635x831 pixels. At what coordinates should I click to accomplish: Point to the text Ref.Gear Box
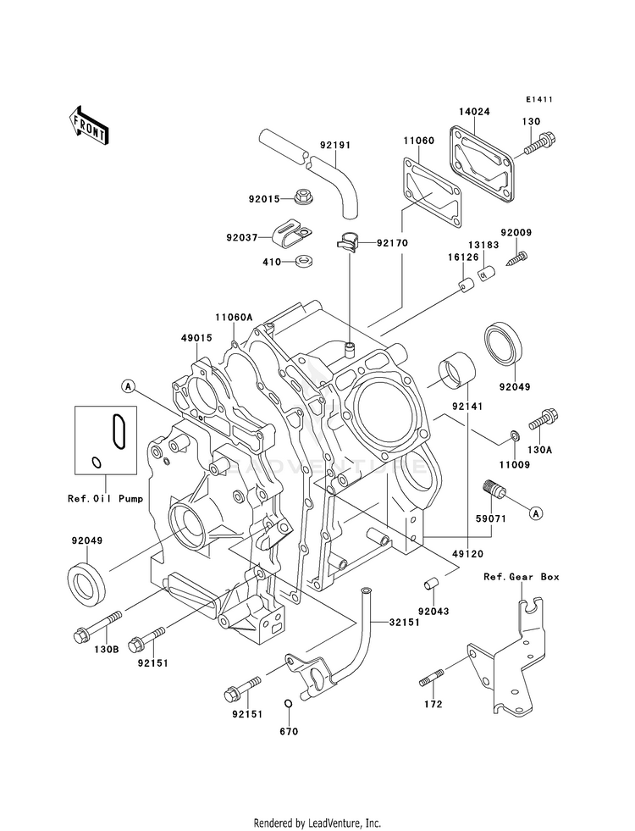(x=522, y=577)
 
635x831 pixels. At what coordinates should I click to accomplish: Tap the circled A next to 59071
(x=535, y=513)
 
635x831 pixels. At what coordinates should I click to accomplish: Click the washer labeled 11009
(x=512, y=436)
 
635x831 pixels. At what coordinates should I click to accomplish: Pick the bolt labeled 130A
(x=543, y=418)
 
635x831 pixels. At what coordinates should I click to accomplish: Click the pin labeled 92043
(x=428, y=585)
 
